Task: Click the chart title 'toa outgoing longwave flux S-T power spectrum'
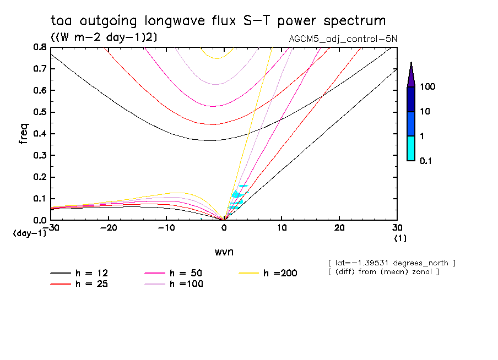pyautogui.click(x=218, y=21)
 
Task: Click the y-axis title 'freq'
pyautogui.click(x=24, y=134)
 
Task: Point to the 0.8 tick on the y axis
pyautogui.click(x=40, y=47)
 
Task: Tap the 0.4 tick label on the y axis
pyautogui.click(x=40, y=134)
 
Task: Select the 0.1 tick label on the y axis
pyautogui.click(x=40, y=199)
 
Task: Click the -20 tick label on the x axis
pyautogui.click(x=108, y=228)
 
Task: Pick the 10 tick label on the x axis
pyautogui.click(x=282, y=228)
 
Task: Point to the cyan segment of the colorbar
pyautogui.click(x=410, y=148)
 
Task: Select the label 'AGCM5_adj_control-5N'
pyautogui.click(x=342, y=39)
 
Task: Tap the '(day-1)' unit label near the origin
pyautogui.click(x=29, y=233)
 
